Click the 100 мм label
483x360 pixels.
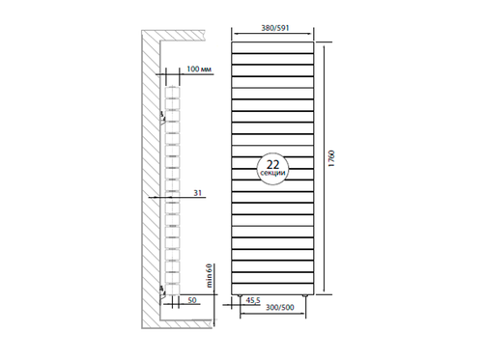pos(200,71)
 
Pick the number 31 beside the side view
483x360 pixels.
pos(197,194)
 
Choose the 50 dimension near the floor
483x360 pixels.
pos(194,303)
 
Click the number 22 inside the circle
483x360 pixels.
pos(272,164)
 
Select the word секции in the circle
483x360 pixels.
pos(272,176)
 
